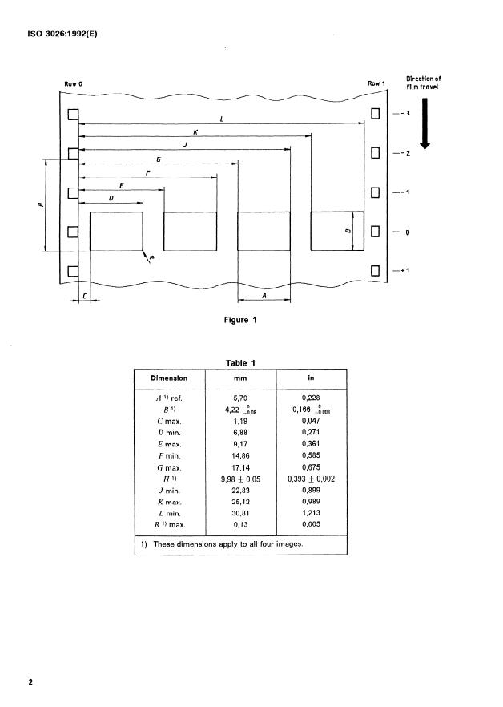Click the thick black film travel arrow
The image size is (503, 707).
[425, 123]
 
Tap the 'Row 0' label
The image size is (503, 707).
[73, 84]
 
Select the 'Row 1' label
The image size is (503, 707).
[376, 83]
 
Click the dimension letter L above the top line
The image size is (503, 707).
[221, 119]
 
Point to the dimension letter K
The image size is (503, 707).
[195, 131]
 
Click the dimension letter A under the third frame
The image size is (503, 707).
[264, 295]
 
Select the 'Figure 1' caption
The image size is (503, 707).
[240, 321]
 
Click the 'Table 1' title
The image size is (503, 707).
[240, 363]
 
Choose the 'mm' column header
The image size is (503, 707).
[240, 378]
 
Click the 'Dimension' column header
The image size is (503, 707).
[169, 378]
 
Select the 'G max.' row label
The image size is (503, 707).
[169, 467]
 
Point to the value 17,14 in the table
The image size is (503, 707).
[240, 467]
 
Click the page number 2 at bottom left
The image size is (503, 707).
[30, 682]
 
